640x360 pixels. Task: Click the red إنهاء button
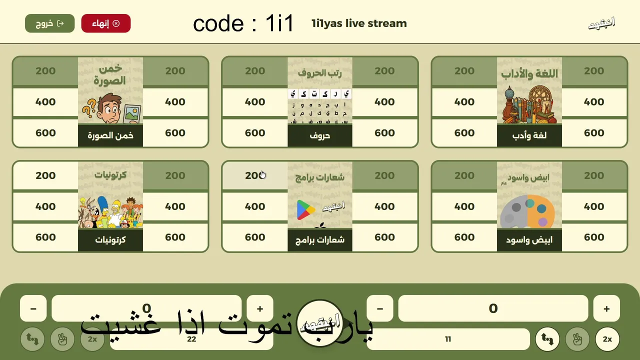click(105, 23)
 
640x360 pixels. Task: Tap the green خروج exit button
click(49, 23)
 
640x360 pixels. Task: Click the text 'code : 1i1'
click(243, 23)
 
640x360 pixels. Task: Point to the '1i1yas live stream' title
click(359, 23)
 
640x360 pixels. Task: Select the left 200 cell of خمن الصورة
click(45, 71)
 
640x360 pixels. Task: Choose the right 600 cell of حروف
click(384, 133)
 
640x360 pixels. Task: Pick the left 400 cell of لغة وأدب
click(464, 102)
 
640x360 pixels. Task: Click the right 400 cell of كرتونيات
click(175, 206)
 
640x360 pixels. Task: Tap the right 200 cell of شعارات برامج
click(384, 175)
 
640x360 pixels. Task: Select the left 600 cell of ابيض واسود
click(464, 237)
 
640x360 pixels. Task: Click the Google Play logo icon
click(306, 210)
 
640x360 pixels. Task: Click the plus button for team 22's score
click(260, 308)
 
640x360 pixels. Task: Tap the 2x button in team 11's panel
click(607, 339)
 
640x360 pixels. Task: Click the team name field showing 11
click(448, 339)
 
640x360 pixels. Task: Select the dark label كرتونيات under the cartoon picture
click(110, 240)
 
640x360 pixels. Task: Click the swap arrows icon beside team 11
click(547, 339)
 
